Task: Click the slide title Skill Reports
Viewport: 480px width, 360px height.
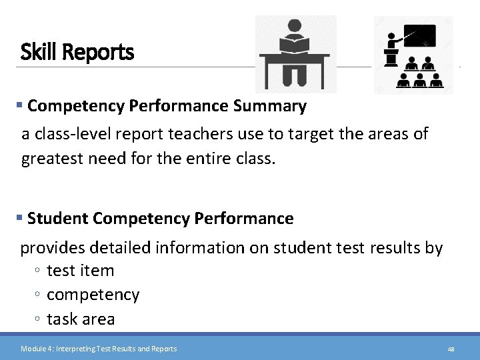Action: pos(77,52)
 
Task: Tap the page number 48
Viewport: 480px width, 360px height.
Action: pos(451,349)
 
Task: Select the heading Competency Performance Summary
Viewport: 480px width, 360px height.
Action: pos(167,106)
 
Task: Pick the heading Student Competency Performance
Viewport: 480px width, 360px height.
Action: pos(161,219)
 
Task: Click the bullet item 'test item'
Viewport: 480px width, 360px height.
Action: pos(81,271)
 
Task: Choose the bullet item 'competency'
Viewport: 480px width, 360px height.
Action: pos(93,295)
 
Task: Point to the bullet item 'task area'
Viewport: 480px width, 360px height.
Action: pos(81,319)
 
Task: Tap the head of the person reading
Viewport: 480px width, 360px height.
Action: pos(293,27)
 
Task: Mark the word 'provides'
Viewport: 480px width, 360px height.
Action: pos(53,248)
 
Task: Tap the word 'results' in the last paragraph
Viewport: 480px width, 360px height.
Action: pos(395,248)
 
